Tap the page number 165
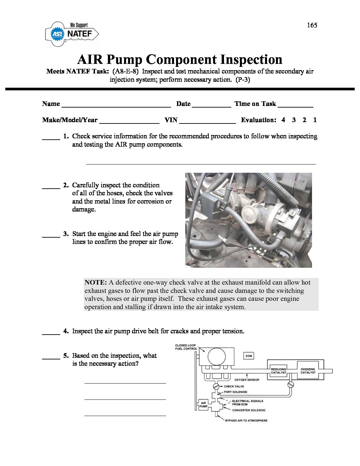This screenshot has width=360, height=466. [x=312, y=25]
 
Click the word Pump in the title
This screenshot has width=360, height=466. [x=124, y=60]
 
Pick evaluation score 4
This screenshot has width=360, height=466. [x=283, y=120]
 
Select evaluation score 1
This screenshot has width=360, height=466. [x=315, y=120]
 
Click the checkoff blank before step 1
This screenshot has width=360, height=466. [x=51, y=139]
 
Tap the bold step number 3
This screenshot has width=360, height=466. [x=66, y=234]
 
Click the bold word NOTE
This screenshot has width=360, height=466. [x=95, y=283]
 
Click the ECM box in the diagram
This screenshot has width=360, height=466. [x=249, y=356]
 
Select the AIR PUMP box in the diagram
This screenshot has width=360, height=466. [x=203, y=405]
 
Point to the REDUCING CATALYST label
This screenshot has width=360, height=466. [x=279, y=371]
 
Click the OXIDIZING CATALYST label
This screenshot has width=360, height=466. [x=308, y=371]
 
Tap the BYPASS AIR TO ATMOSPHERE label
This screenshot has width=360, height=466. [x=246, y=420]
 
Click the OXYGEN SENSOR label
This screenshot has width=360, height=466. [x=247, y=380]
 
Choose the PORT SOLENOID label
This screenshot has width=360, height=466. [x=236, y=392]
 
